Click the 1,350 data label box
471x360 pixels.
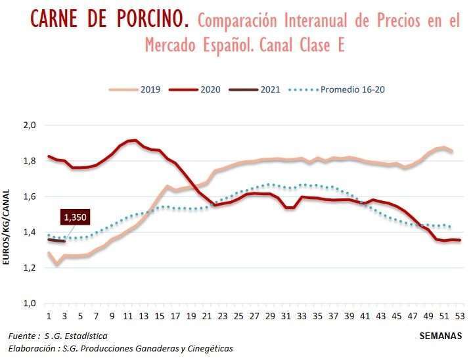(x=75, y=217)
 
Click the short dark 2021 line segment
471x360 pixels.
(x=56, y=240)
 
